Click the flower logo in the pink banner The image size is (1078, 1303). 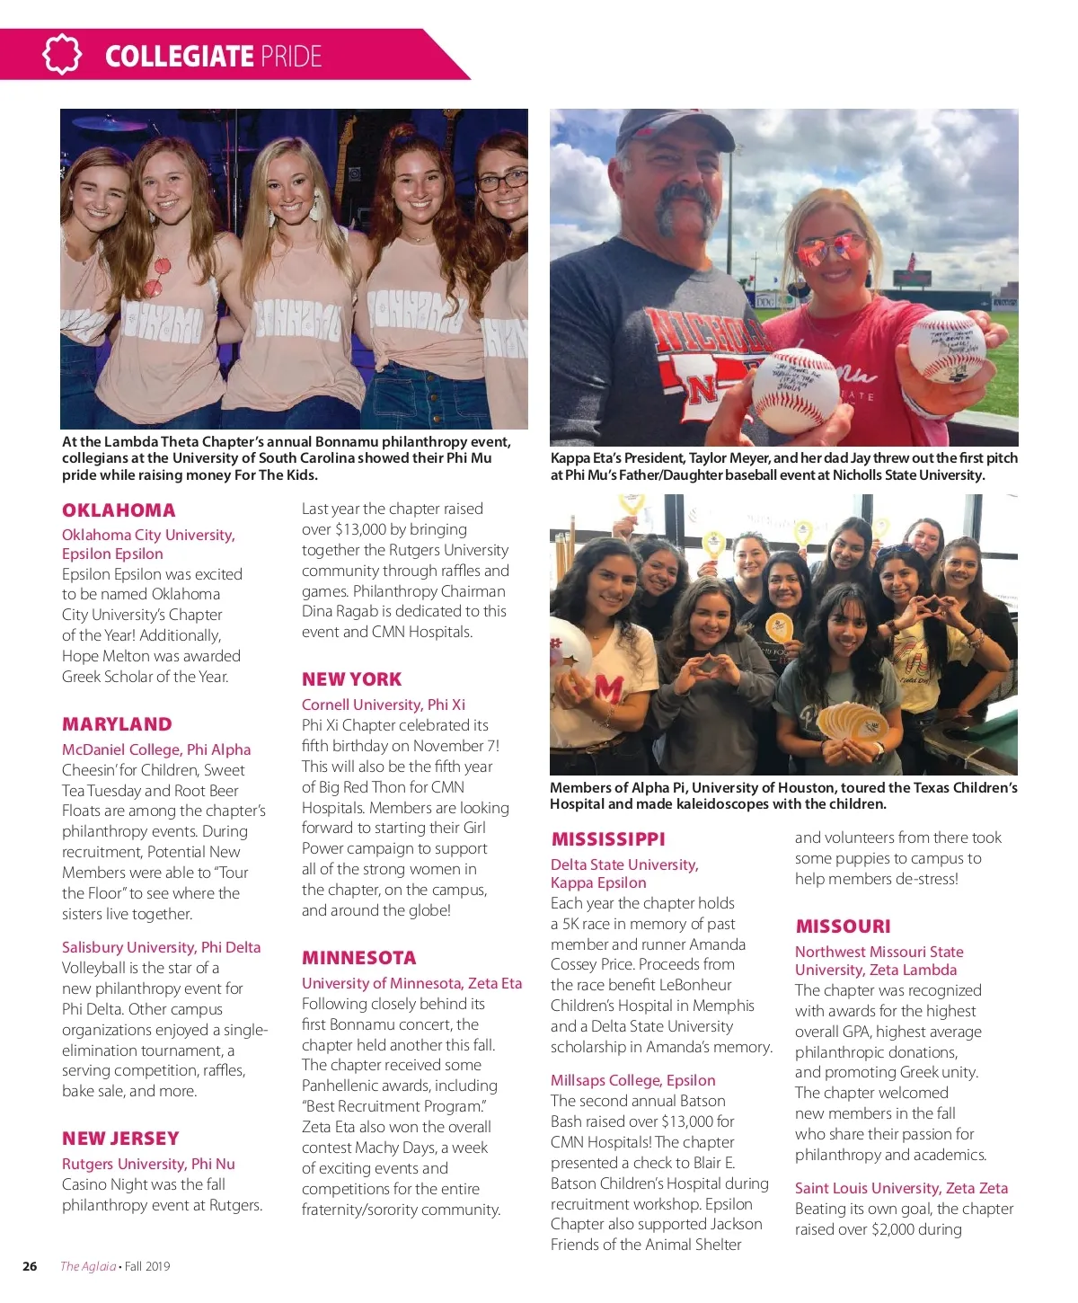(61, 55)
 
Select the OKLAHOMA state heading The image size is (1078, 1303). (119, 510)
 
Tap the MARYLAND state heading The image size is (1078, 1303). (117, 724)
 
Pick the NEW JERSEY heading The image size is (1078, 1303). (120, 1139)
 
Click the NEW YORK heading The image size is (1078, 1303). (351, 679)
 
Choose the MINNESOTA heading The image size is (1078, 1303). (358, 958)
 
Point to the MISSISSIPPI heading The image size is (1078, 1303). (608, 839)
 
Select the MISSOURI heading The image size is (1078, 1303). (843, 926)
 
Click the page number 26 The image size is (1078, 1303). (30, 1266)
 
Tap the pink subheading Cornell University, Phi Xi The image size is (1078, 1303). (384, 705)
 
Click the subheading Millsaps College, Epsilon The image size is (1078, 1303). (632, 1080)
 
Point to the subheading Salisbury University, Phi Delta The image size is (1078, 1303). (161, 947)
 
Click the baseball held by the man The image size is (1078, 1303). (794, 389)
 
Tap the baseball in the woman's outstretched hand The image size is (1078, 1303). (946, 347)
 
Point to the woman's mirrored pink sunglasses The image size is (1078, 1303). (832, 247)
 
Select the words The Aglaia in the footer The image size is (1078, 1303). (88, 1266)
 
